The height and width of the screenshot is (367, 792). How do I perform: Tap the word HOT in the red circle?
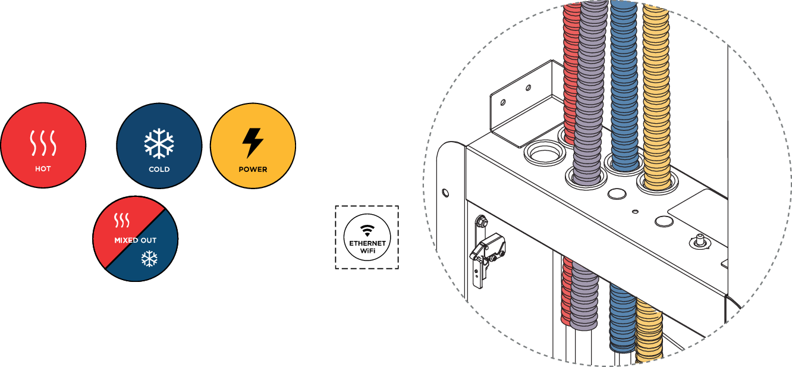[x=43, y=169]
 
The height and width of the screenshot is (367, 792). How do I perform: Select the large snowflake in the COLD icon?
[x=159, y=143]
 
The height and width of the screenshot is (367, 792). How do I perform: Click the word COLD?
[x=159, y=170]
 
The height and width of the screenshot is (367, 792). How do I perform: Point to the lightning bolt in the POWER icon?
[x=253, y=143]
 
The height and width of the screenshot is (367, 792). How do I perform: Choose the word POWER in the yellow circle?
[x=253, y=170]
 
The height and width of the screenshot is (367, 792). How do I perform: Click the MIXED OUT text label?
[x=135, y=241]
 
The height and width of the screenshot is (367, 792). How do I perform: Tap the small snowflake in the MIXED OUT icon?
[x=149, y=258]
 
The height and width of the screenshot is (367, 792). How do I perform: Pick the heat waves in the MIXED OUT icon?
[x=121, y=222]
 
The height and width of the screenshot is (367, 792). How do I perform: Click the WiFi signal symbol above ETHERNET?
[x=367, y=230]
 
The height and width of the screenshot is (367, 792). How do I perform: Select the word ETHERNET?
[x=367, y=243]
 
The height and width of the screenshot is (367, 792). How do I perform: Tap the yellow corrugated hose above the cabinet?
[x=656, y=89]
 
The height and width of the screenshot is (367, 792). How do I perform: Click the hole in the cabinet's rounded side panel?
[x=445, y=193]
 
